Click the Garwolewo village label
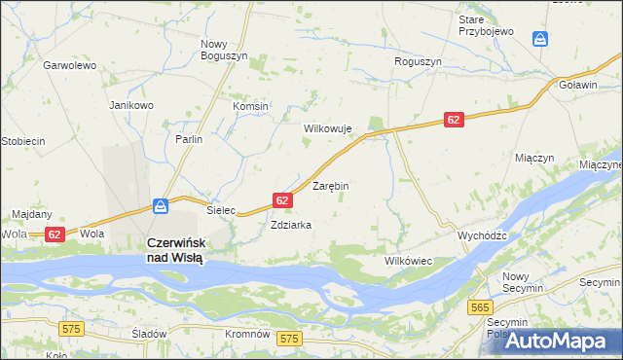(x=68, y=66)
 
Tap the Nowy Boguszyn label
(x=225, y=51)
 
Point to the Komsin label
(x=250, y=106)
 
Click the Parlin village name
(x=189, y=139)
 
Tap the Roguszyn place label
(x=418, y=61)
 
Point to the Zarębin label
(x=330, y=185)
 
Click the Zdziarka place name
(x=291, y=225)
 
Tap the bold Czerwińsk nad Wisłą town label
(x=174, y=250)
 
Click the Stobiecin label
(x=23, y=141)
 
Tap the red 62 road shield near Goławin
(x=454, y=119)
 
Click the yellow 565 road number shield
(x=478, y=307)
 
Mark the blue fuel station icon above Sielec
(x=161, y=206)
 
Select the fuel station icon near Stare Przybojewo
(x=540, y=38)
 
